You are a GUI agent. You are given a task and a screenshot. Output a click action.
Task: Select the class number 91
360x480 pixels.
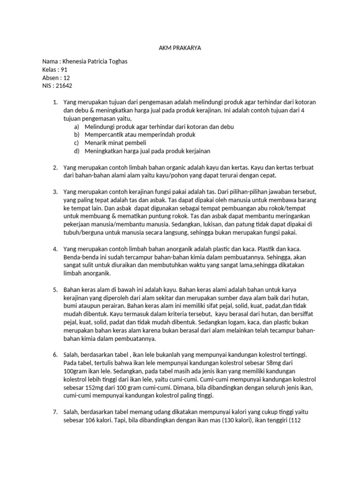[65, 69]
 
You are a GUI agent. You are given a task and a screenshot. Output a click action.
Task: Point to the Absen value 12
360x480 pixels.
[67, 78]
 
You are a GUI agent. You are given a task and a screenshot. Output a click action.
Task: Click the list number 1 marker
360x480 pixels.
[55, 102]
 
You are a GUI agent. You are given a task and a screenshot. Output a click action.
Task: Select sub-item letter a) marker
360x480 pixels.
[76, 127]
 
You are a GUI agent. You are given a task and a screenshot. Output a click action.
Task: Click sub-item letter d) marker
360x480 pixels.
[76, 151]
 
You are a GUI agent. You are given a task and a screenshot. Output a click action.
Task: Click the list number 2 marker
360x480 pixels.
[55, 167]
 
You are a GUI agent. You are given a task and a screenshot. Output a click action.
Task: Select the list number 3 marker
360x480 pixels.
[55, 192]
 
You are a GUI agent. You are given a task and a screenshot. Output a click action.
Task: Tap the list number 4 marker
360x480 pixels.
[55, 249]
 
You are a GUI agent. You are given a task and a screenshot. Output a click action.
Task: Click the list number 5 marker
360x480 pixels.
[55, 289]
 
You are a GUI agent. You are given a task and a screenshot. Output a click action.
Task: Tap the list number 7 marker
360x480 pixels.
[55, 412]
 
